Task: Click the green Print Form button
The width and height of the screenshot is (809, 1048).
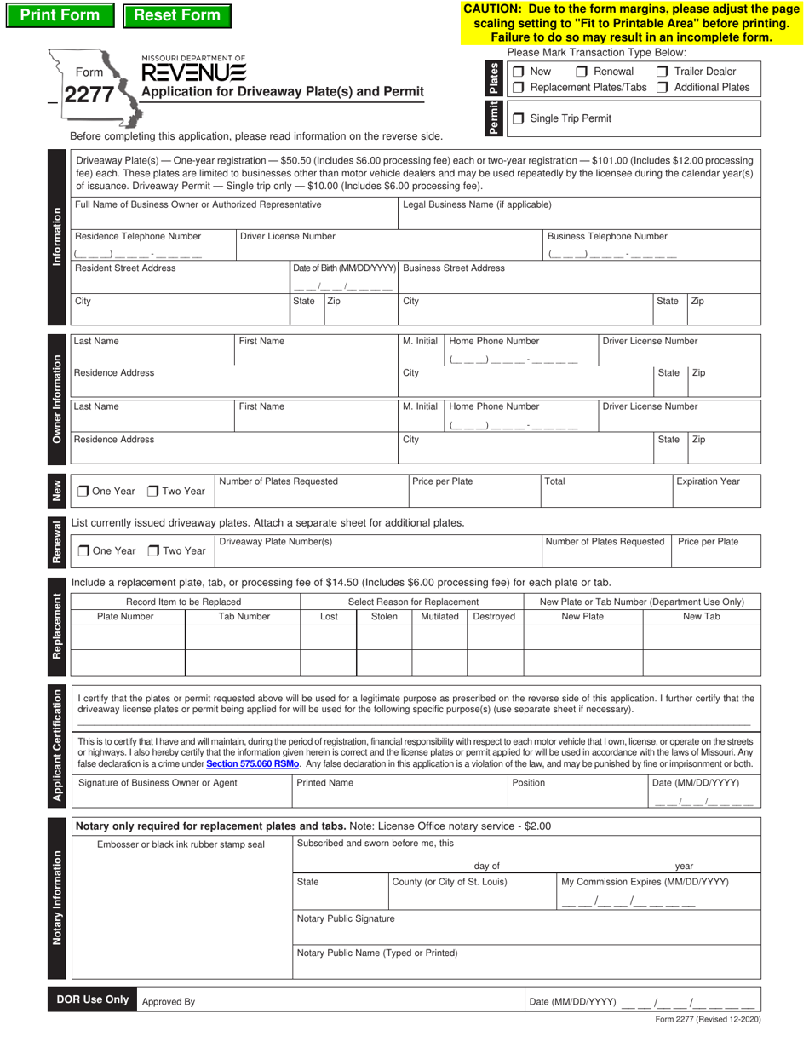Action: click(x=60, y=15)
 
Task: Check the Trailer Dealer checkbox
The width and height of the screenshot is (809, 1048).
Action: click(x=662, y=72)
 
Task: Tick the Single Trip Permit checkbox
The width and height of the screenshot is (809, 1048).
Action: click(x=518, y=118)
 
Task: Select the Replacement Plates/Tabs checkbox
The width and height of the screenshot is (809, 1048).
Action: click(x=518, y=88)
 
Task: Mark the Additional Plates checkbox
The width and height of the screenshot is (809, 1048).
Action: click(x=662, y=88)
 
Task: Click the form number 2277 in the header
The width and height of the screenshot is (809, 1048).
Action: click(x=89, y=95)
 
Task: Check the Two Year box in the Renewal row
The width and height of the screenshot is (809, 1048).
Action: click(x=153, y=550)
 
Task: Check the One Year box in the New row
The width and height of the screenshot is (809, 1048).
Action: click(x=83, y=491)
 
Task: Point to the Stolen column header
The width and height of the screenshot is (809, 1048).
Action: click(x=384, y=616)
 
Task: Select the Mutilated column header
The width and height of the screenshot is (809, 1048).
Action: click(x=439, y=616)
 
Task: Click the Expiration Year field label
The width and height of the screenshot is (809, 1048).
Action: click(x=708, y=481)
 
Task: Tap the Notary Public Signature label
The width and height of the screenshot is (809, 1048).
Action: click(x=345, y=919)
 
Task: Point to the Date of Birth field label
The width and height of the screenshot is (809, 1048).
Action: click(x=345, y=268)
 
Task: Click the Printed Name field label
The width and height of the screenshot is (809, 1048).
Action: click(x=324, y=783)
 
